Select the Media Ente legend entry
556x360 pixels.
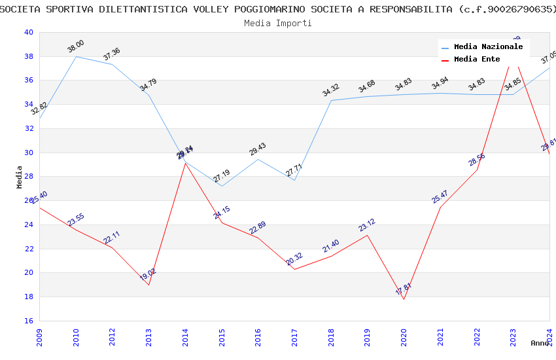point(477,60)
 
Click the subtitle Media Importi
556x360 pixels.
point(278,23)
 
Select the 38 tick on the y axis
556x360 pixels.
point(28,56)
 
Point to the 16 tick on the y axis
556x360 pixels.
point(28,321)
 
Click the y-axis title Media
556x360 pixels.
point(19,177)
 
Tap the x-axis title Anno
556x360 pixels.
point(540,343)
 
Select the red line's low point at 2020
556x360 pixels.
point(404,299)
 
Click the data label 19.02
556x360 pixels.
point(148,275)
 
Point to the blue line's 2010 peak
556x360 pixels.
point(76,56)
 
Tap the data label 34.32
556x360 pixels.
point(331,90)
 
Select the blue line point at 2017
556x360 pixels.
point(294,180)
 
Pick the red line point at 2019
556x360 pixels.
point(367,235)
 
